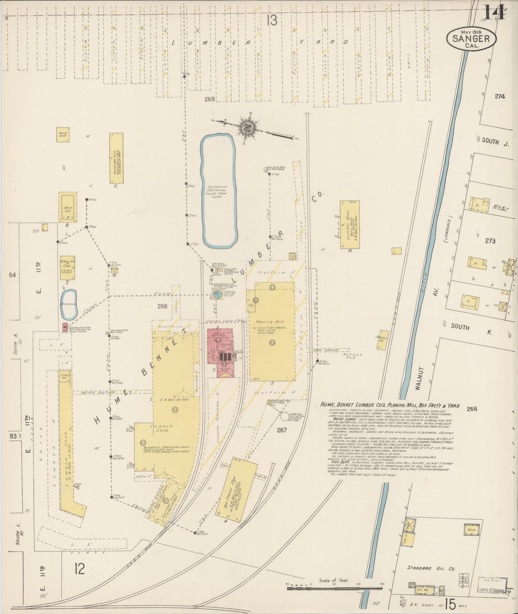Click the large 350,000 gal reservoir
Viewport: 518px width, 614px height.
pyautogui.click(x=218, y=191)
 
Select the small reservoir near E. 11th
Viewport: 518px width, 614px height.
pyautogui.click(x=68, y=304)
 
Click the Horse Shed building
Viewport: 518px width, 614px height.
pyautogui.click(x=63, y=135)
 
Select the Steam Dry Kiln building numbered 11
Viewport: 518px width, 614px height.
pyautogui.click(x=116, y=158)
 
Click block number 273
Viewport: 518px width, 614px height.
pyautogui.click(x=490, y=241)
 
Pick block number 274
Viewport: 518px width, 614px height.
pyautogui.click(x=499, y=96)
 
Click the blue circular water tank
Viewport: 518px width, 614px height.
pyautogui.click(x=217, y=294)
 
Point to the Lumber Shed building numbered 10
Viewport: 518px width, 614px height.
pyautogui.click(x=350, y=225)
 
